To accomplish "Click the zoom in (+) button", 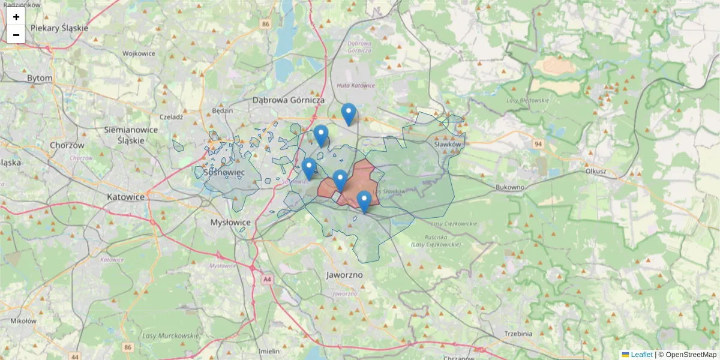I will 16,17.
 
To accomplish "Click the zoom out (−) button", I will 16,35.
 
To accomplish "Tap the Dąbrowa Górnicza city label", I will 289,100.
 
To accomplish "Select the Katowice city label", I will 125,197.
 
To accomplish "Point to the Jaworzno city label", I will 344,275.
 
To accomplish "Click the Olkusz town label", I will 595,171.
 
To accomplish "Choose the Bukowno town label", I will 510,187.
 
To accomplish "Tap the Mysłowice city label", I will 230,222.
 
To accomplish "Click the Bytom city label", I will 40,78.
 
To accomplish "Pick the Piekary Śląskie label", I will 59,28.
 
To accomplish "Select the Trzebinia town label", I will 518,334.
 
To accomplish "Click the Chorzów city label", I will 67,145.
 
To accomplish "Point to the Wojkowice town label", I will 139,53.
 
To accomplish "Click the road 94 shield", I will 538,144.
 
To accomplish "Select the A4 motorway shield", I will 266,279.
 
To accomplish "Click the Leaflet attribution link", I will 641,355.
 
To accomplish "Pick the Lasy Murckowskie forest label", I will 170,335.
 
